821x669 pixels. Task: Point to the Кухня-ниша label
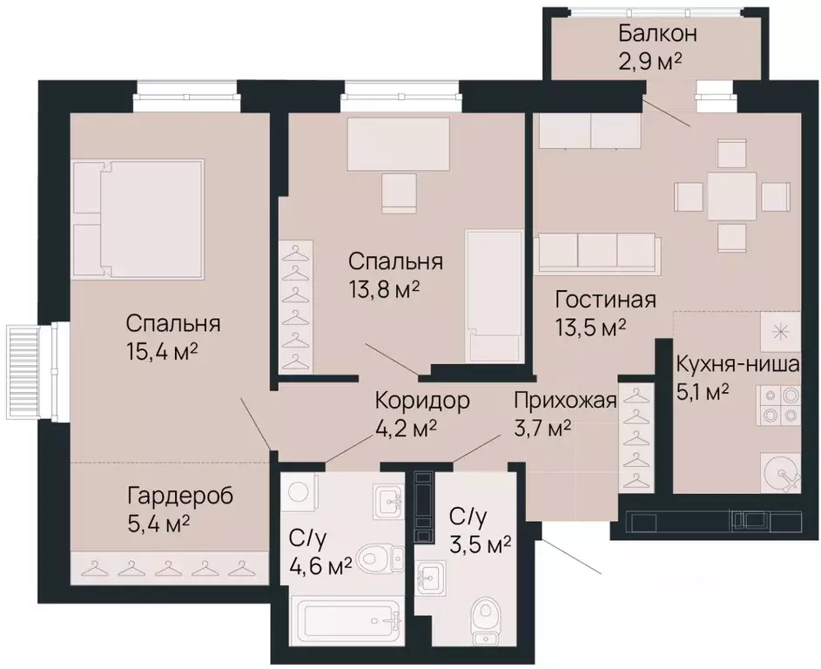(x=737, y=363)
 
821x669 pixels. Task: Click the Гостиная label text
(x=605, y=301)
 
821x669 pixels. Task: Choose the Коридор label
(x=422, y=401)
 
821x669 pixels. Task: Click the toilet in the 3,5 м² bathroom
(x=484, y=618)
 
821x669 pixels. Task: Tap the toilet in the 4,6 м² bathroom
(x=380, y=555)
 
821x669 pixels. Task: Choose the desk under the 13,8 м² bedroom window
(x=399, y=144)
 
